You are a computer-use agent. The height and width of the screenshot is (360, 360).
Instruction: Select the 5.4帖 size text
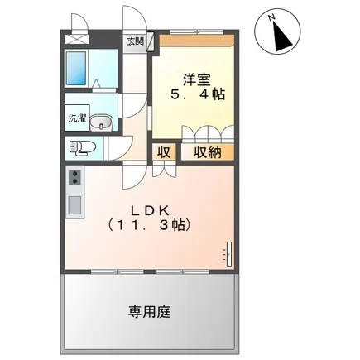click(x=197, y=94)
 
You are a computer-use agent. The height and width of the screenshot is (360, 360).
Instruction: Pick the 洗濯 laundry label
click(x=77, y=118)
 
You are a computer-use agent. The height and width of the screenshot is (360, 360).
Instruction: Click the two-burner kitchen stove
click(x=75, y=179)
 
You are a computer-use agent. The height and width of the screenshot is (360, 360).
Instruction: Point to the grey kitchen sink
click(x=74, y=204)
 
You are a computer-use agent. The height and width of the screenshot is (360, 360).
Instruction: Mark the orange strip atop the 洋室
click(x=195, y=38)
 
